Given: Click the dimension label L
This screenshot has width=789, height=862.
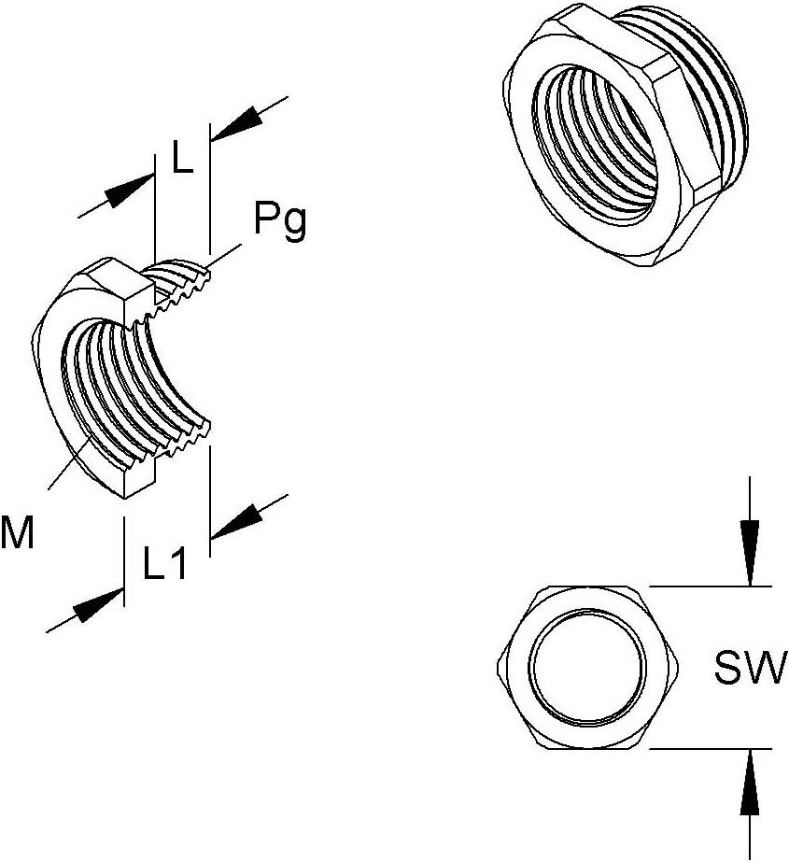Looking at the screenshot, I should tap(181, 160).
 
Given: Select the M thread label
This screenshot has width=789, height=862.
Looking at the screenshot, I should tap(18, 533).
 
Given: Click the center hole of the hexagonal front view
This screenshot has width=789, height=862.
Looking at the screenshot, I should tap(587, 668).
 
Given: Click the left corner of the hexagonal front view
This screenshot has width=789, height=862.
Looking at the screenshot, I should tap(496, 668).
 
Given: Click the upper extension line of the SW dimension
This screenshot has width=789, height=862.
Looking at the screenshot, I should tap(710, 586).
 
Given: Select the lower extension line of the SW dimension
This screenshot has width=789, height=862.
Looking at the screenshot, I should tap(710, 749).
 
